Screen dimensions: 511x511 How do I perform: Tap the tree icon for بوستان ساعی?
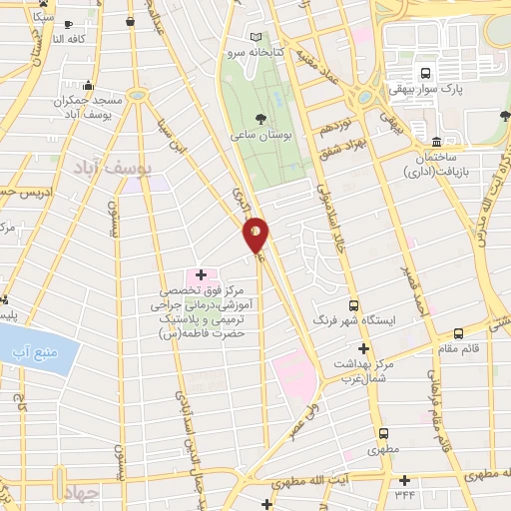click(x=260, y=118)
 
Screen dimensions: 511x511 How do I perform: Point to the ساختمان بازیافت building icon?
click(x=436, y=140)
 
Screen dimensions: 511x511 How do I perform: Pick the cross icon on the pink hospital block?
click(x=201, y=273)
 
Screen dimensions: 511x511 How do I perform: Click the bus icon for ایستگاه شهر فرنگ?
click(x=352, y=306)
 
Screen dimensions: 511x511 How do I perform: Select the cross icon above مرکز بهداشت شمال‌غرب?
click(x=363, y=349)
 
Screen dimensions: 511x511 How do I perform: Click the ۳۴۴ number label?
click(x=404, y=494)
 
